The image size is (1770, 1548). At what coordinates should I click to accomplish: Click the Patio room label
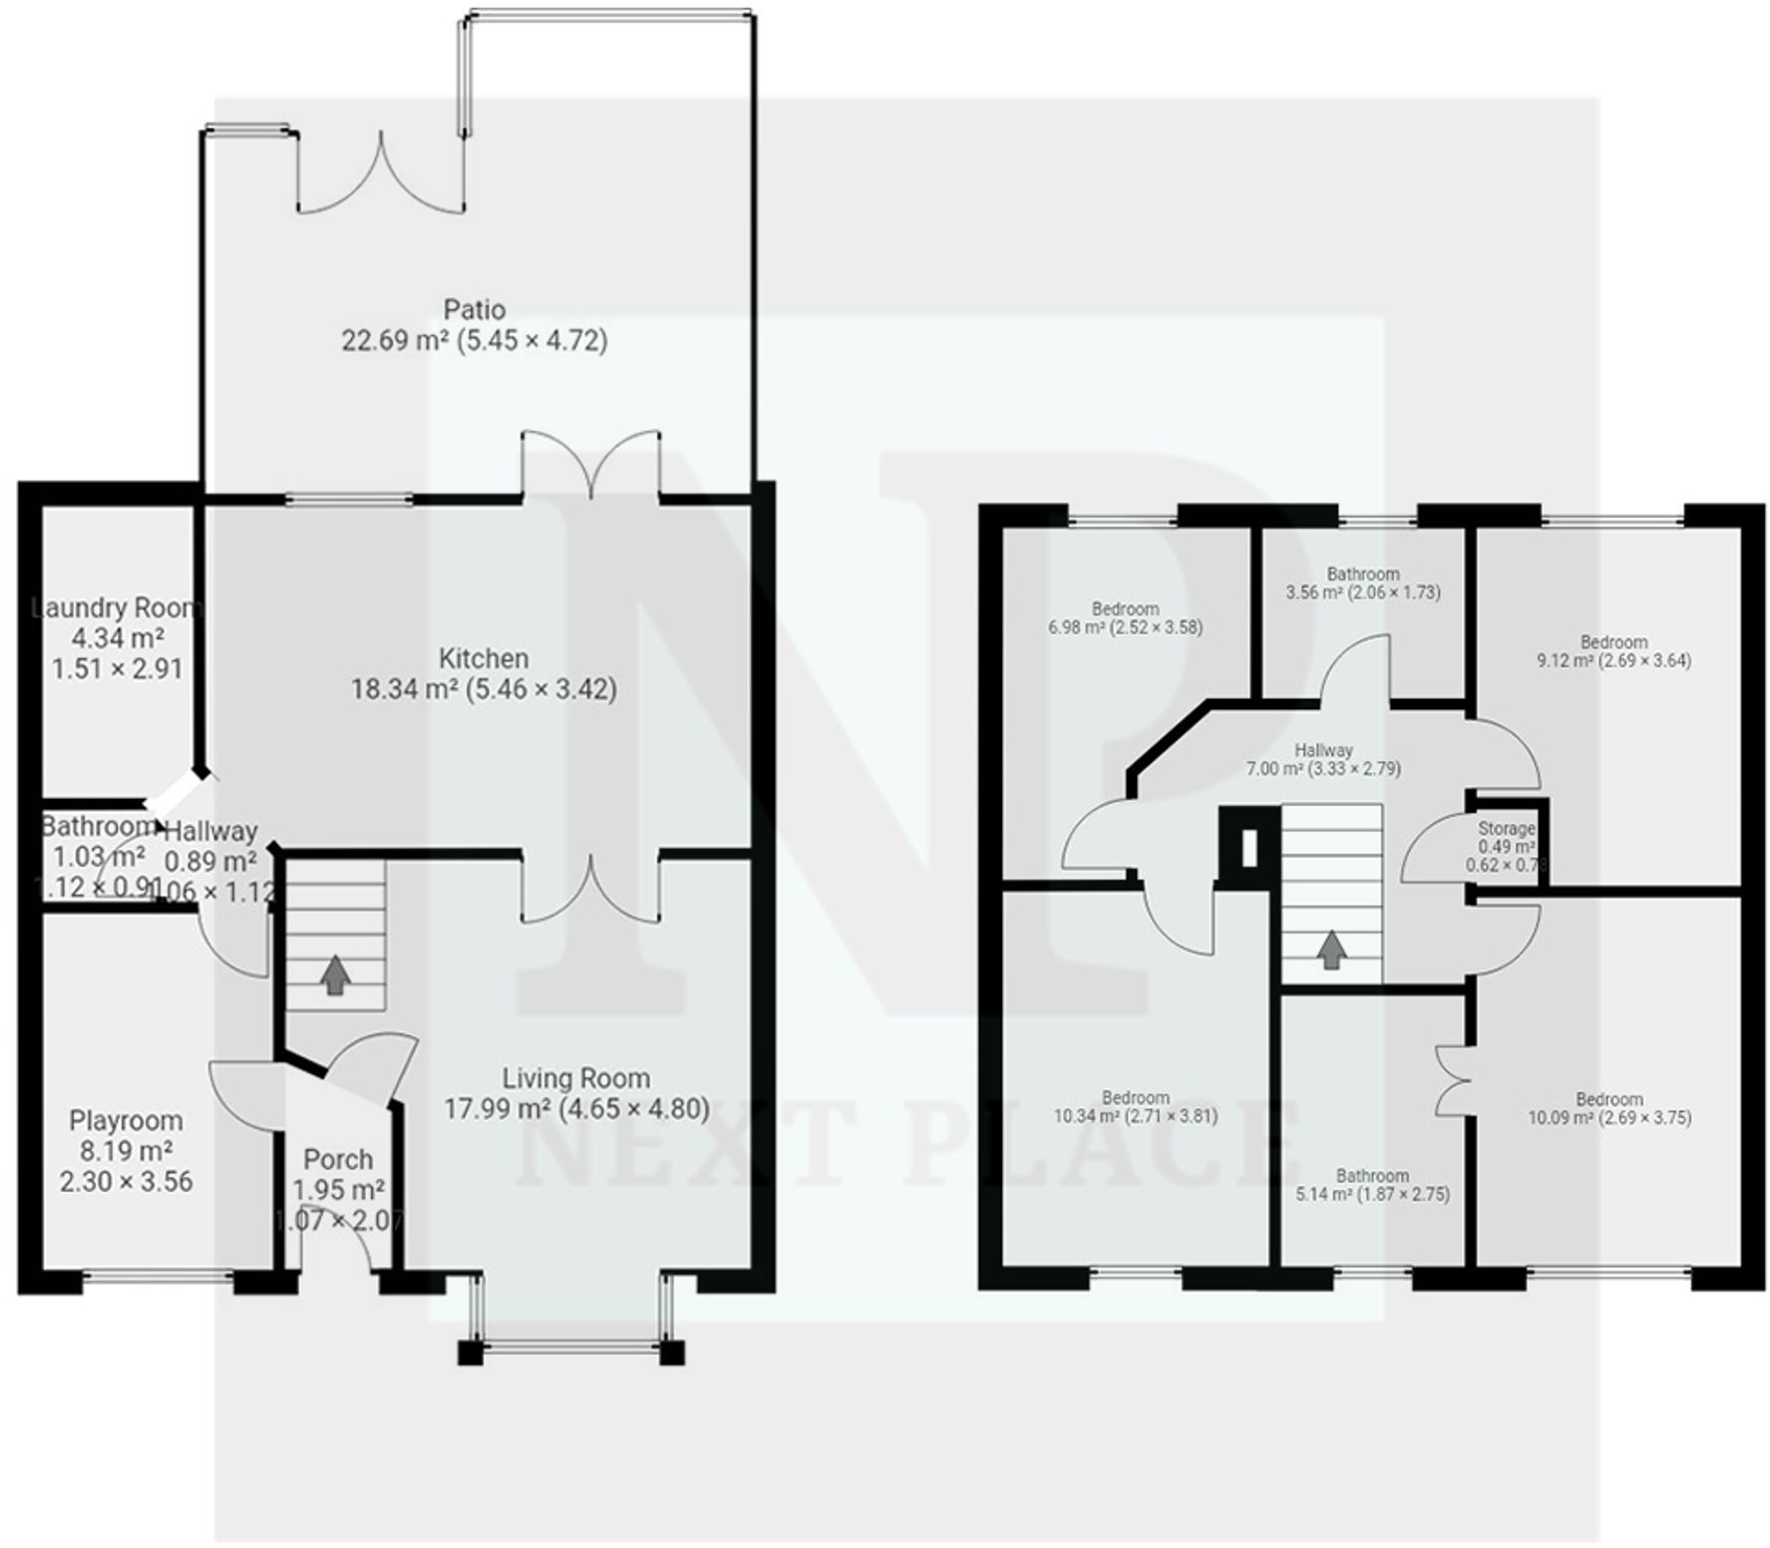475,309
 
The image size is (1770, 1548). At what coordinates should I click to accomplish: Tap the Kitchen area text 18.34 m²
404,689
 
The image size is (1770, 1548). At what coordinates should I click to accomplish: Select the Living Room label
575,1078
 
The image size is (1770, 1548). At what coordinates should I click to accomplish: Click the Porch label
338,1160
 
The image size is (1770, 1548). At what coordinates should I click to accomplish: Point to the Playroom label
126,1121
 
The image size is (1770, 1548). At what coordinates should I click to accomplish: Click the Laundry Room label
116,608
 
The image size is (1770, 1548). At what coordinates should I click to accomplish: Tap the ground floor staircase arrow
335,974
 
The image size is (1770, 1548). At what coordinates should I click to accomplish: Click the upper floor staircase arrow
1330,950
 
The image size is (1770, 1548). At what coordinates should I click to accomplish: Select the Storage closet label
1506,829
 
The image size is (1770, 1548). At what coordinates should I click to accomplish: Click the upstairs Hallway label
1323,750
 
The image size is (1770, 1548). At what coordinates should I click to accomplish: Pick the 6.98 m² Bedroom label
1125,608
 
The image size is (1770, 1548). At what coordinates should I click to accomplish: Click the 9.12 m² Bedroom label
1613,641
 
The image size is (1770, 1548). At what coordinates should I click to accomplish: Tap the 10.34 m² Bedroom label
1135,1097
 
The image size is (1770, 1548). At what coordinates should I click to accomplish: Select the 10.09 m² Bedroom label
1609,1099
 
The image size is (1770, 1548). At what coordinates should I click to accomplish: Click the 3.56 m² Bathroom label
1362,574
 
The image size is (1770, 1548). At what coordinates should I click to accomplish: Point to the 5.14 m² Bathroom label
1372,1176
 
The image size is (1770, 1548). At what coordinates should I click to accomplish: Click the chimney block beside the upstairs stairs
1248,847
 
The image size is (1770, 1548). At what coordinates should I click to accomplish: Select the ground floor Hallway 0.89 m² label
210,831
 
